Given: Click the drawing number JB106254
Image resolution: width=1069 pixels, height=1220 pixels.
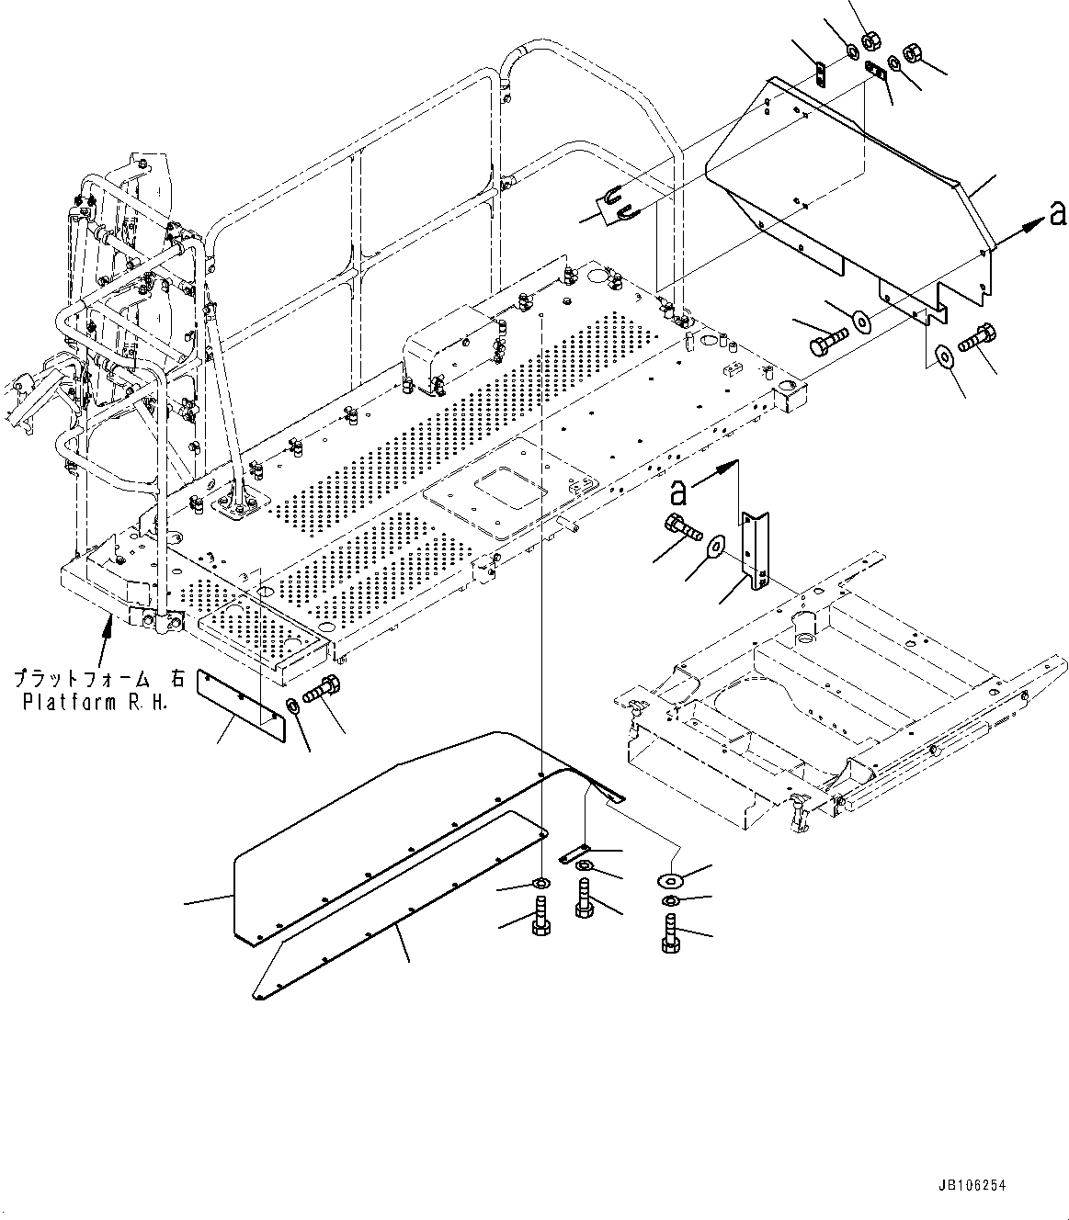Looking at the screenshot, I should coord(974,1186).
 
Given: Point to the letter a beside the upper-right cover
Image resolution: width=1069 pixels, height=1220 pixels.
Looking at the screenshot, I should coord(1058,215).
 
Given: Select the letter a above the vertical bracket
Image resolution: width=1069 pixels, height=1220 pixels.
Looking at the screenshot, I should coord(678,493).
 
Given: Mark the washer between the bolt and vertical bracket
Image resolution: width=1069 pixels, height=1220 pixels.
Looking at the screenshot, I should coord(716,546).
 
